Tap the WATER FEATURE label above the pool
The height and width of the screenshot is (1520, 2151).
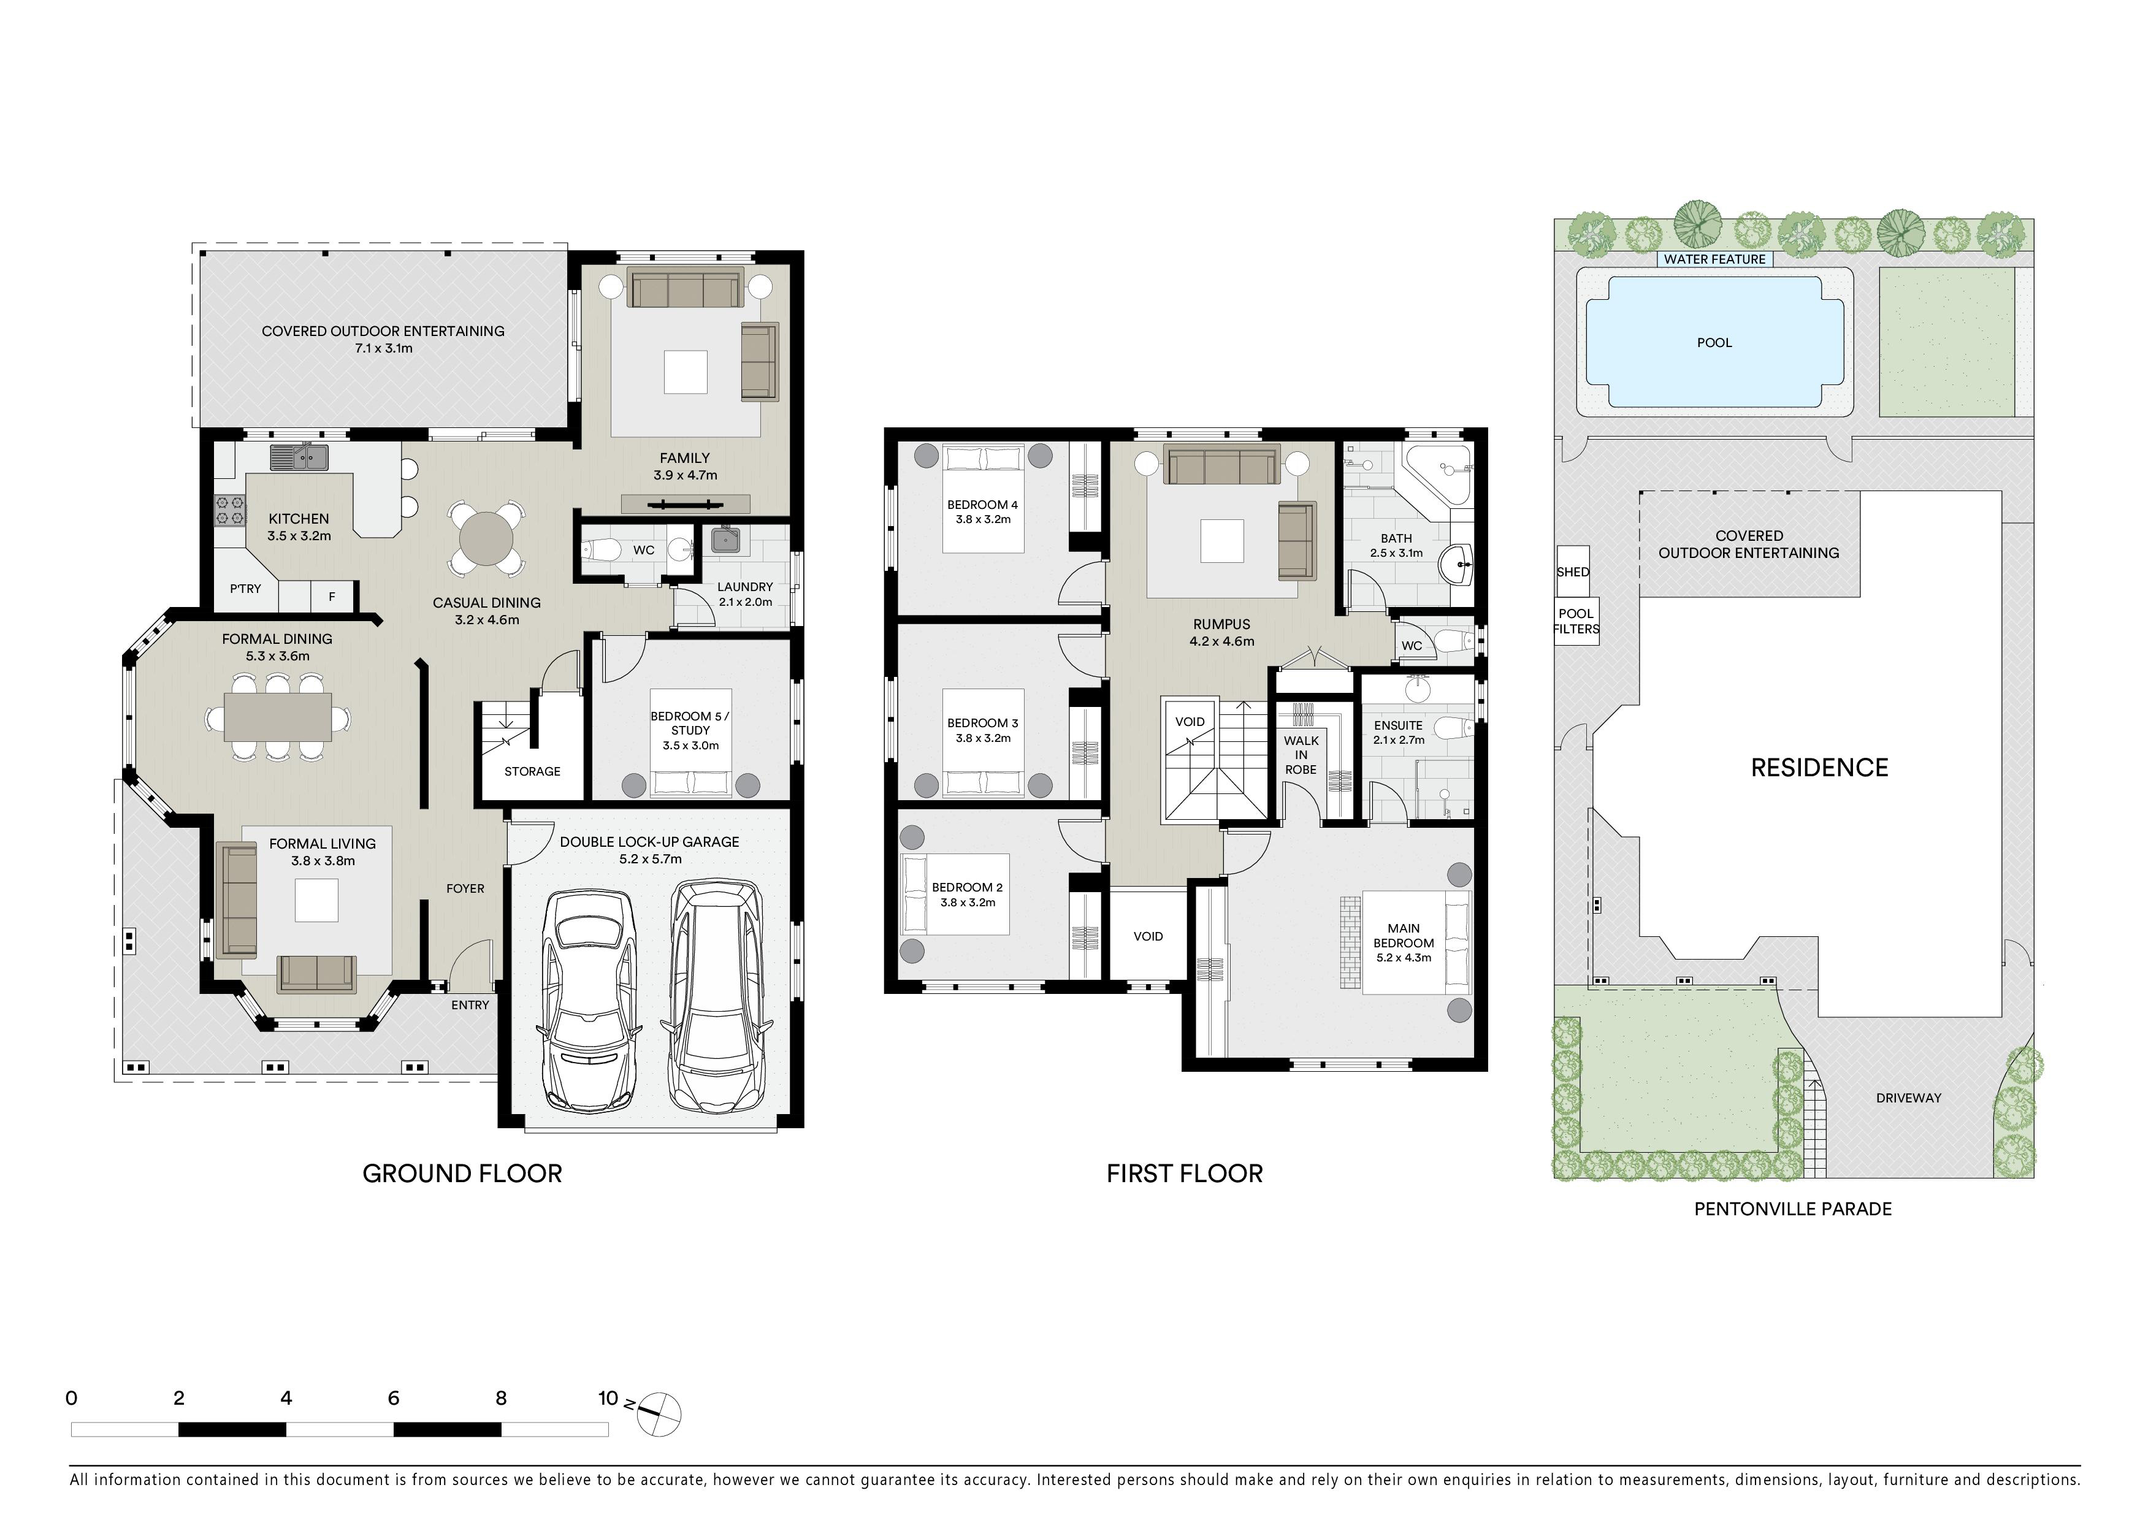click(x=1714, y=259)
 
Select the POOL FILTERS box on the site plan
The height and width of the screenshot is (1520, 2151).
click(x=1576, y=621)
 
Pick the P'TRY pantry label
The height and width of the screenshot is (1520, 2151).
click(x=245, y=588)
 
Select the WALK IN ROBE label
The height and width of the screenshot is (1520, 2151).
click(x=1301, y=755)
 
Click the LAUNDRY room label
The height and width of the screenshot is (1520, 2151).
click(x=745, y=587)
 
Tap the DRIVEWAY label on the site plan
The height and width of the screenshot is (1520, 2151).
click(x=1908, y=1098)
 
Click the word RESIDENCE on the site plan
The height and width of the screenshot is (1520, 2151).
click(x=1819, y=768)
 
